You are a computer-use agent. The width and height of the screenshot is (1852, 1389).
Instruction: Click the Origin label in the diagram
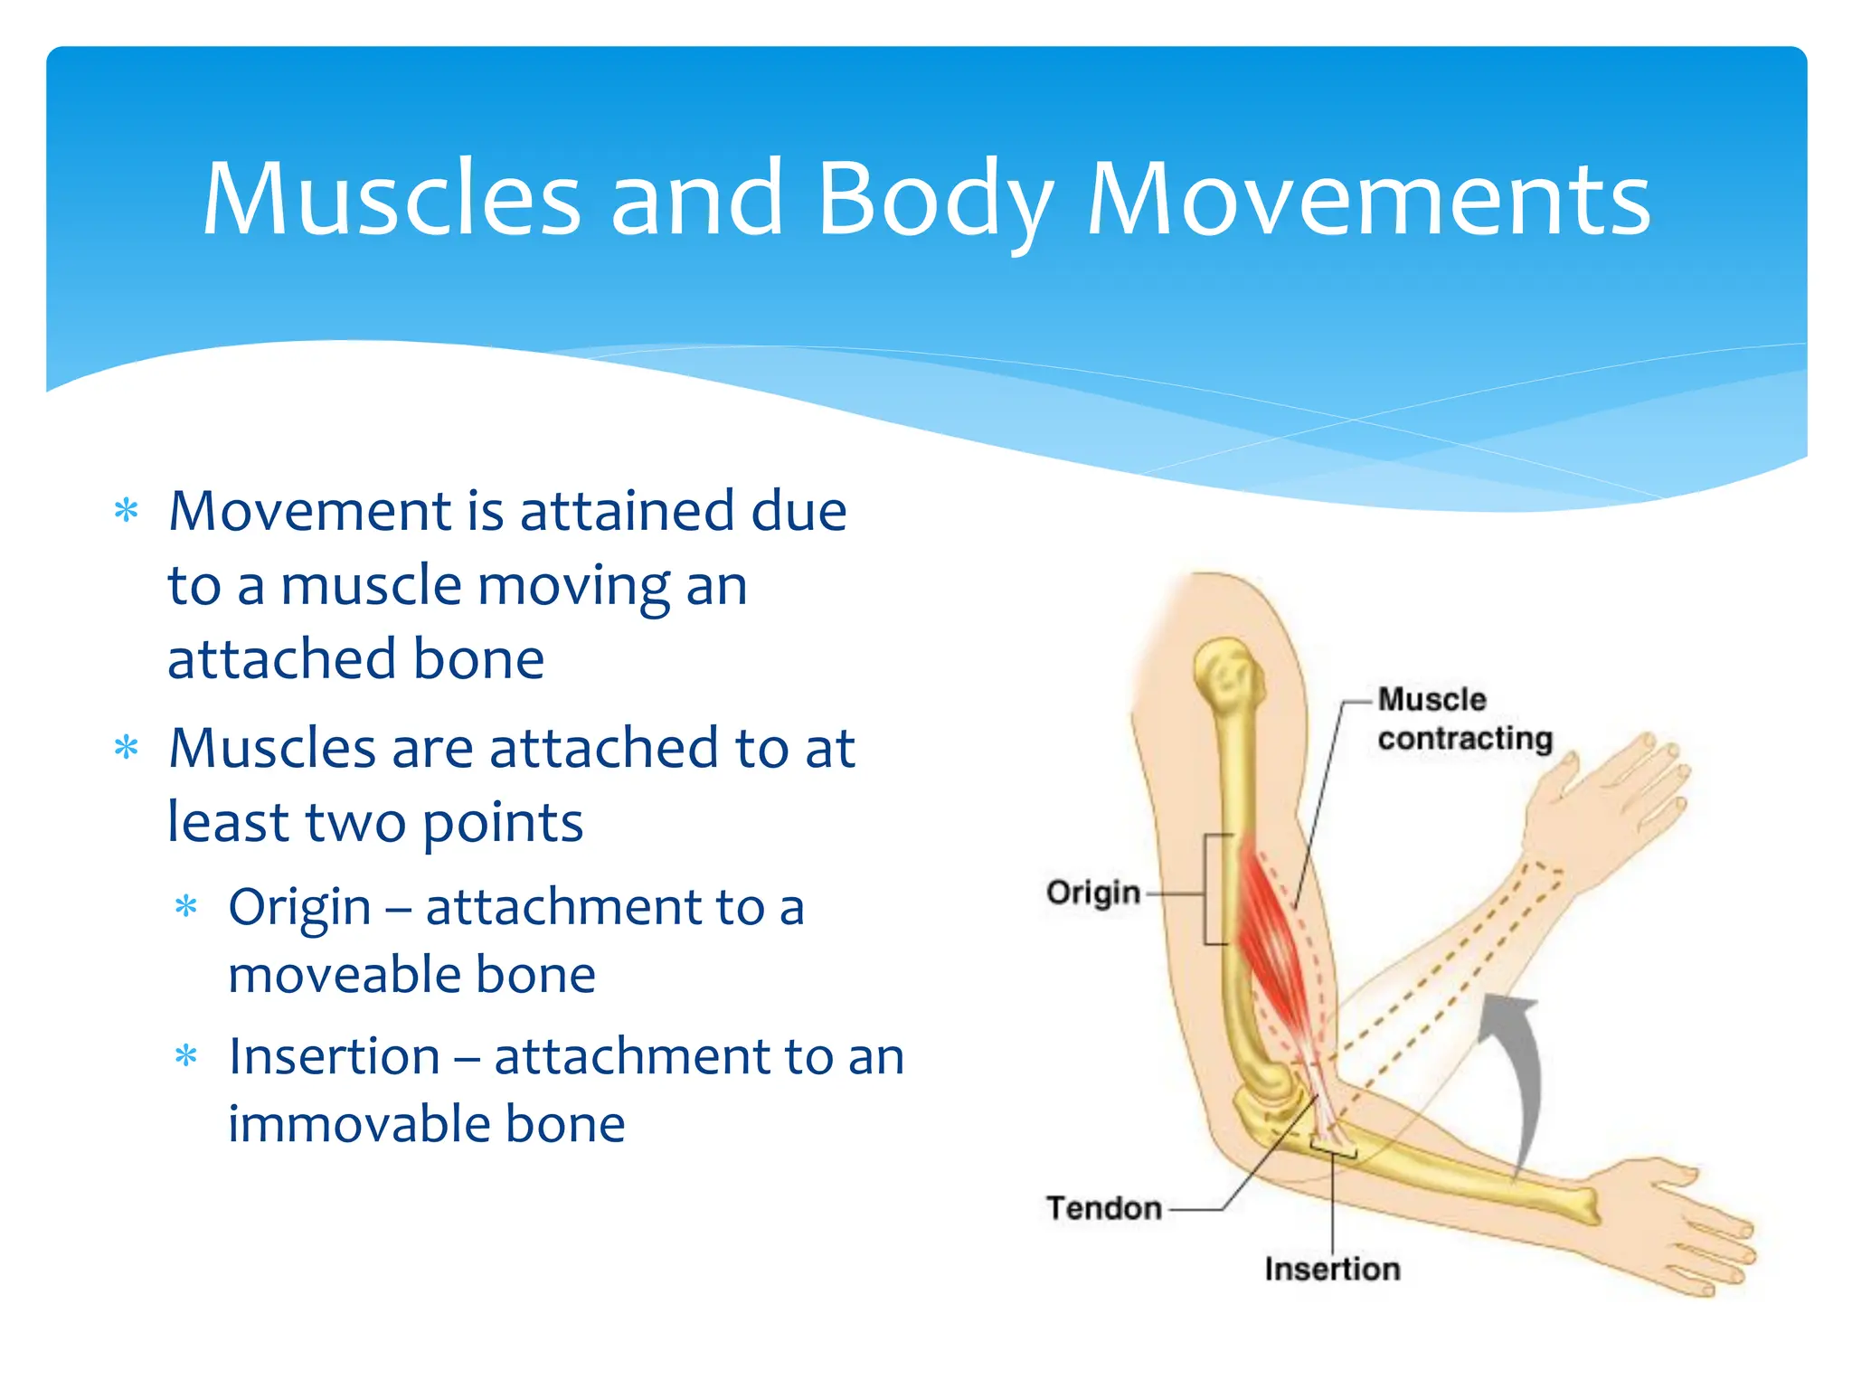coord(1092,893)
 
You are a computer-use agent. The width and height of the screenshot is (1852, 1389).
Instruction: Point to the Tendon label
coord(1103,1208)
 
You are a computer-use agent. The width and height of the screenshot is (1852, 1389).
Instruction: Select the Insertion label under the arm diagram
coord(1332,1269)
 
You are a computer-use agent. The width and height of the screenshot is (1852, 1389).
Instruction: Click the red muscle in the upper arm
coord(1270,940)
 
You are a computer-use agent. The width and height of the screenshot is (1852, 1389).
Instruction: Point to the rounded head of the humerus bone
coord(1227,674)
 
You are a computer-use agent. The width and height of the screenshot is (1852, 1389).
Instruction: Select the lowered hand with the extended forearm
coord(1673,1230)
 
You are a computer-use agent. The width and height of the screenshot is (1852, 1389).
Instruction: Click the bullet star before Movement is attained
coord(127,512)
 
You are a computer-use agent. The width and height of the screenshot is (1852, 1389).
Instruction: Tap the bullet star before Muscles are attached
coord(127,749)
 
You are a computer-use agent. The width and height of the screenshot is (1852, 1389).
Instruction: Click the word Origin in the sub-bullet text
coord(299,907)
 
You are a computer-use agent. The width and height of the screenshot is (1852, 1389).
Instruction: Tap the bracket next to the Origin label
coord(1212,890)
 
